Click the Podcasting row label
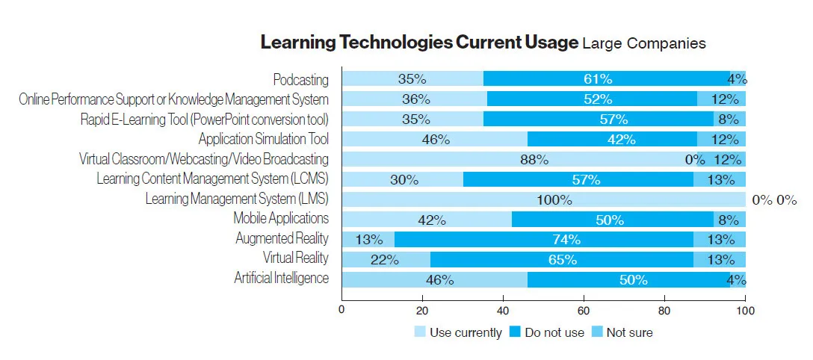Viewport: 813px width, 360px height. (x=300, y=79)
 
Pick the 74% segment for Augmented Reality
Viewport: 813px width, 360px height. (x=543, y=239)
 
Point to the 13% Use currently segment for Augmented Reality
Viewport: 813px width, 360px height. (x=368, y=239)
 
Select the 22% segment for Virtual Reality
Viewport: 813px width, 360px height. (x=386, y=259)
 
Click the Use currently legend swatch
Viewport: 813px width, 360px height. (x=421, y=332)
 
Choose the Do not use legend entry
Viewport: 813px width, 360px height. (x=546, y=332)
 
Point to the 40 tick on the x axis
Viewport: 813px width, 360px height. (x=503, y=310)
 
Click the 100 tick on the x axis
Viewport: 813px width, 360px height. (x=745, y=310)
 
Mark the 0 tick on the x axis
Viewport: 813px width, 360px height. (x=341, y=310)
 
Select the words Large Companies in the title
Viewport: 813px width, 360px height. (x=643, y=43)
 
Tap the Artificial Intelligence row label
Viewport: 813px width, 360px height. (x=281, y=279)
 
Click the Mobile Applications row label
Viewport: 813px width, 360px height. (x=281, y=219)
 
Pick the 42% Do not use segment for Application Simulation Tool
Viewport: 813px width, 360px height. (x=612, y=139)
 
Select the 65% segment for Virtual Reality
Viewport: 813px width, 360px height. (x=561, y=259)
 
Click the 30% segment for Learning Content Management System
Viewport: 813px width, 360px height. (x=403, y=179)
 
